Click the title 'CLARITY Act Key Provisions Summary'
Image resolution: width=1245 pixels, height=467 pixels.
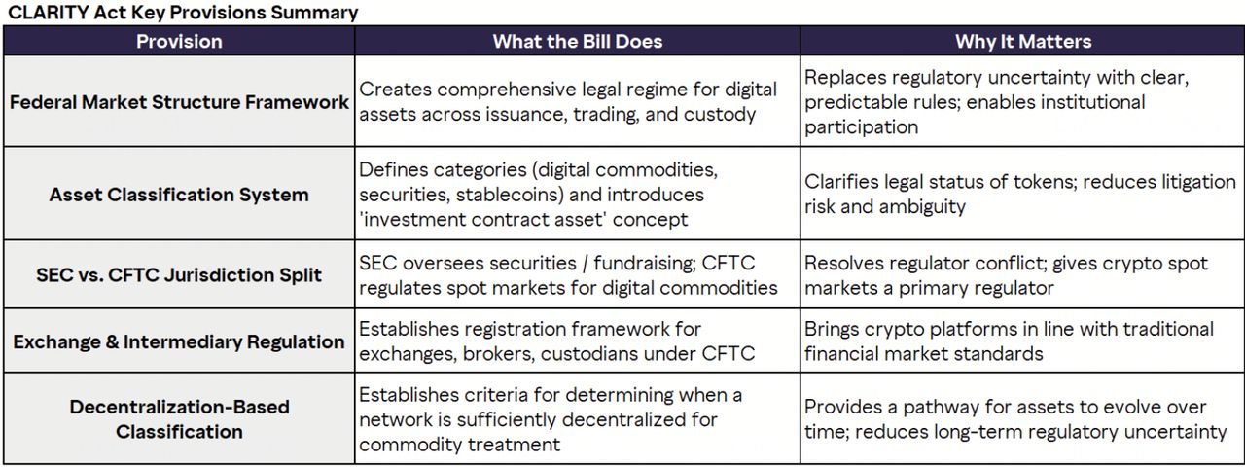pos(183,13)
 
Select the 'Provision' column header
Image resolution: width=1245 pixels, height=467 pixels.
pos(179,41)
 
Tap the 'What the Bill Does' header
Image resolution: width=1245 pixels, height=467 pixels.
pos(578,41)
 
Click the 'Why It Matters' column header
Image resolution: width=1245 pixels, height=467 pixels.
pos(1023,41)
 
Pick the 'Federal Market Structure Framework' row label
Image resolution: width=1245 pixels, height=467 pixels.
pos(179,102)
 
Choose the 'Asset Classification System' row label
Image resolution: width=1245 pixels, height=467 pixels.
pos(179,195)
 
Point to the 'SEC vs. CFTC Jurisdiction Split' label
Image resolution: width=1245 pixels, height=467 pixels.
pos(179,275)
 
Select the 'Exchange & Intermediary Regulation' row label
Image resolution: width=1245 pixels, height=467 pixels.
pos(179,341)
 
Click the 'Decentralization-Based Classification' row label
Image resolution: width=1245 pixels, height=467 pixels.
pos(179,419)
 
